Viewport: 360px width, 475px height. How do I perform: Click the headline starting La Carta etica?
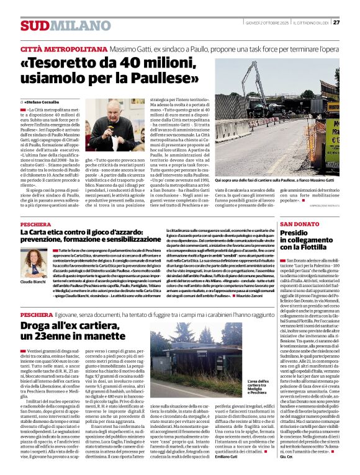(93, 236)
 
